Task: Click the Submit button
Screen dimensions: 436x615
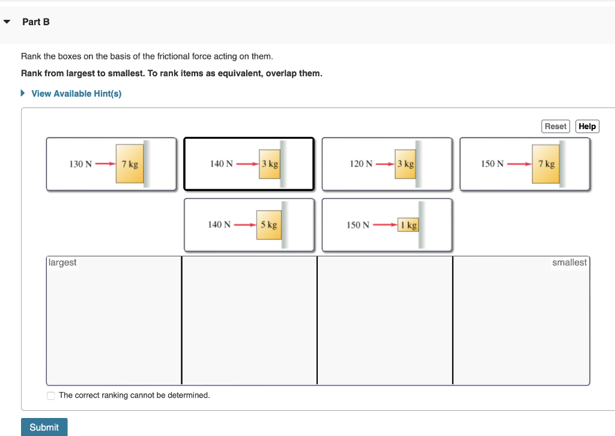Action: point(44,427)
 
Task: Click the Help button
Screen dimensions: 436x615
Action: point(587,126)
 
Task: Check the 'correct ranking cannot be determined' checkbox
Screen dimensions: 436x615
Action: point(51,395)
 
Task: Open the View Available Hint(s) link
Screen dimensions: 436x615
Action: point(76,94)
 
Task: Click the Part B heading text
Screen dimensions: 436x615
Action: point(36,22)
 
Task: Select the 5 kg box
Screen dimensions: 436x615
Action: point(268,225)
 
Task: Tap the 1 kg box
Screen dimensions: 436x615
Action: point(408,225)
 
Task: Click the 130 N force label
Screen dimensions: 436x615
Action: point(80,164)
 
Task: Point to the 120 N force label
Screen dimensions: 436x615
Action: point(361,164)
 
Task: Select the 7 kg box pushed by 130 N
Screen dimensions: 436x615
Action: point(130,164)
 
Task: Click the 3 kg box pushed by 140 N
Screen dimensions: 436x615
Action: point(269,163)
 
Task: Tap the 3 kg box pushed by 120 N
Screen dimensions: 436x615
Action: point(405,163)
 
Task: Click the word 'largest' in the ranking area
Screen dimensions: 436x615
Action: point(63,262)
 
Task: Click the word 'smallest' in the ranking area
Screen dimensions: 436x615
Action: point(569,262)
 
